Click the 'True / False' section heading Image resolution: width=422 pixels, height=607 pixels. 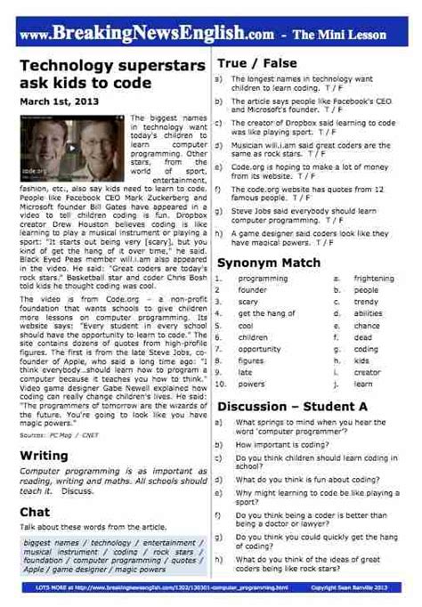tap(256, 64)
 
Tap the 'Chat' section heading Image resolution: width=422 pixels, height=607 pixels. tap(35, 512)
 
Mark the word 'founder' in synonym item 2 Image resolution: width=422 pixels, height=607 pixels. tap(252, 290)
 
